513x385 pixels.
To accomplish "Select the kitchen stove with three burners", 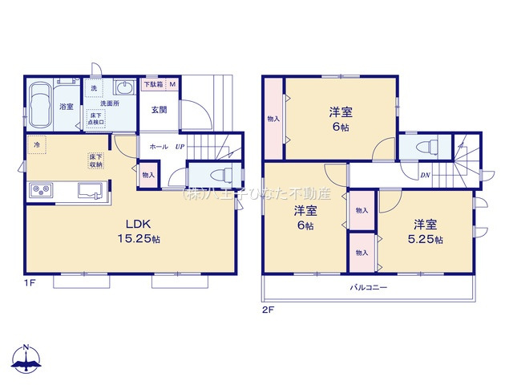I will pyautogui.click(x=41, y=190).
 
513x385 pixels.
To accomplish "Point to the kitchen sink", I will pyautogui.click(x=89, y=190).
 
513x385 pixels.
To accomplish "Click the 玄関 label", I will pyautogui.click(x=158, y=110).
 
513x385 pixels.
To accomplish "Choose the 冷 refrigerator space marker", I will pyautogui.click(x=36, y=146).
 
